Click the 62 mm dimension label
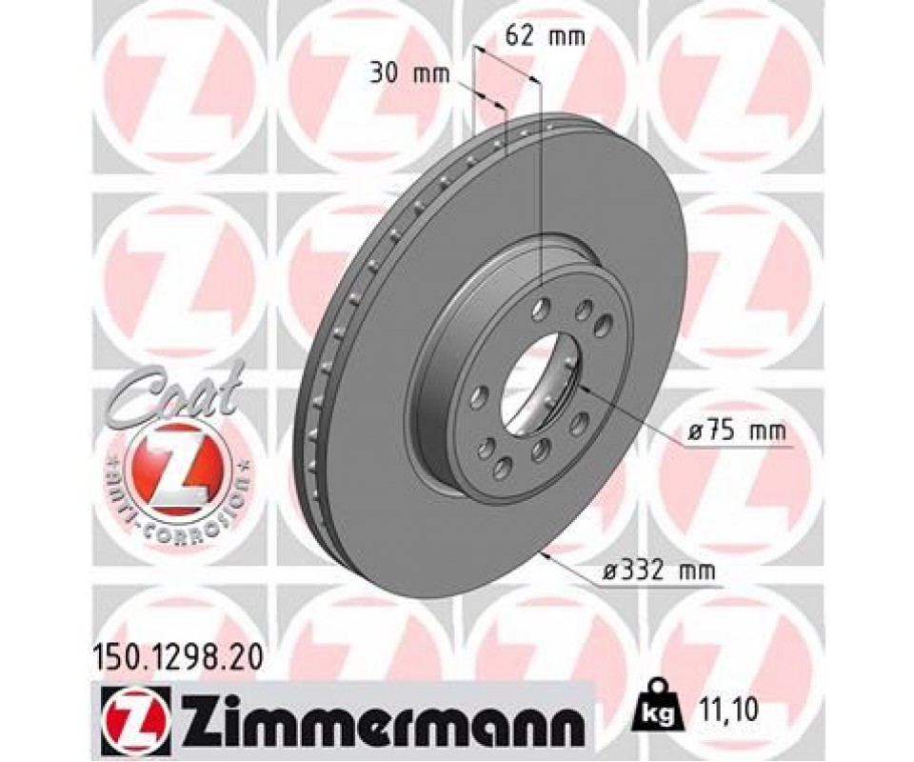click(545, 37)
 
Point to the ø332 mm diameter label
click(659, 571)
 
